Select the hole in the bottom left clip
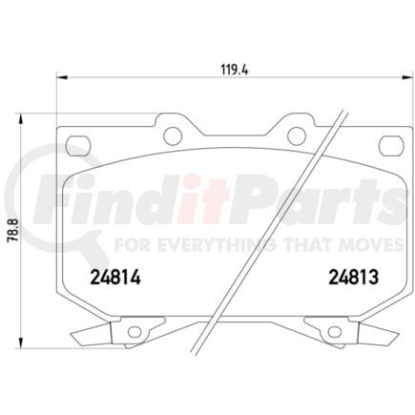[x=134, y=332]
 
